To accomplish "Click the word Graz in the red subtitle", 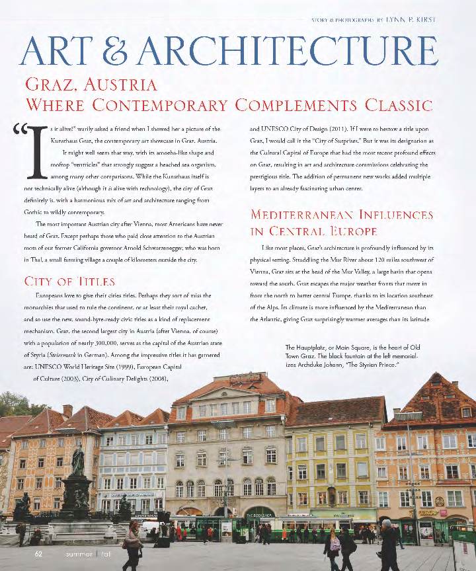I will pyautogui.click(x=48, y=85).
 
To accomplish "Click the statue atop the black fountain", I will pyautogui.click(x=78, y=461).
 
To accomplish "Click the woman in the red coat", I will pyautogui.click(x=132, y=543).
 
